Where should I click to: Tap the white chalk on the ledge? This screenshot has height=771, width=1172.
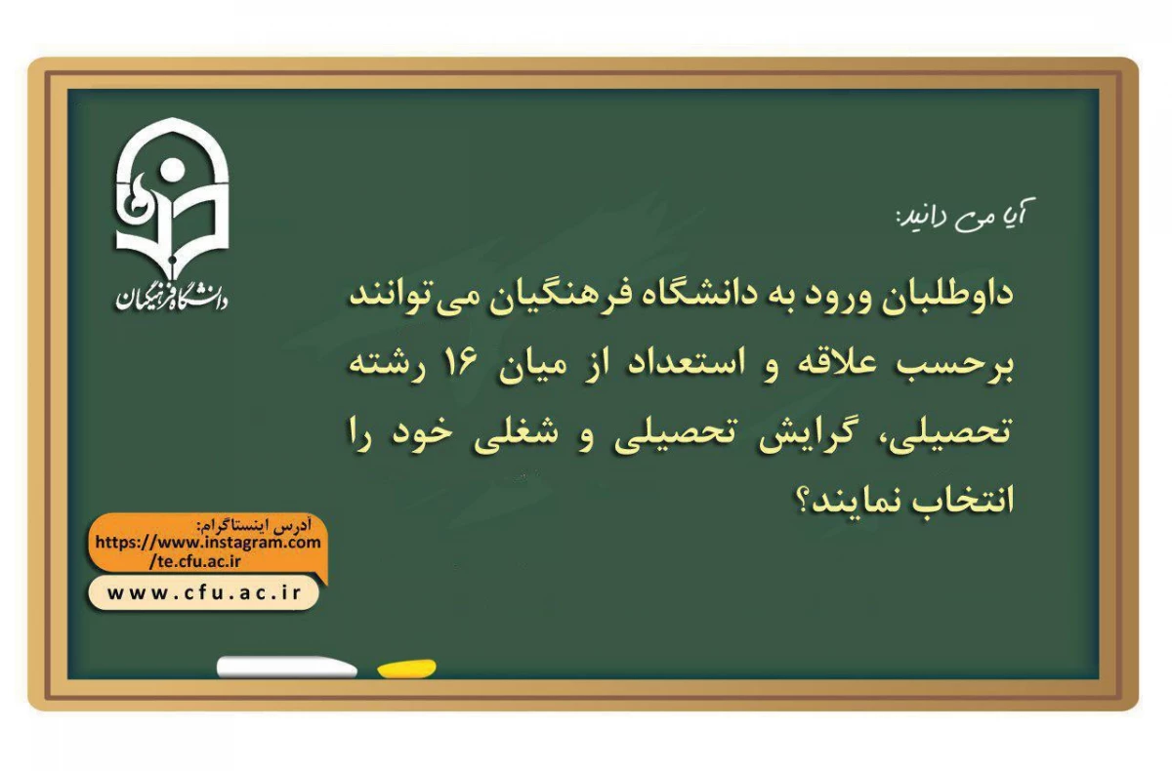286,668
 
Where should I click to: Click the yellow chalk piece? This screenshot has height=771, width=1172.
406,669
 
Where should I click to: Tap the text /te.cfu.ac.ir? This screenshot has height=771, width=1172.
195,560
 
